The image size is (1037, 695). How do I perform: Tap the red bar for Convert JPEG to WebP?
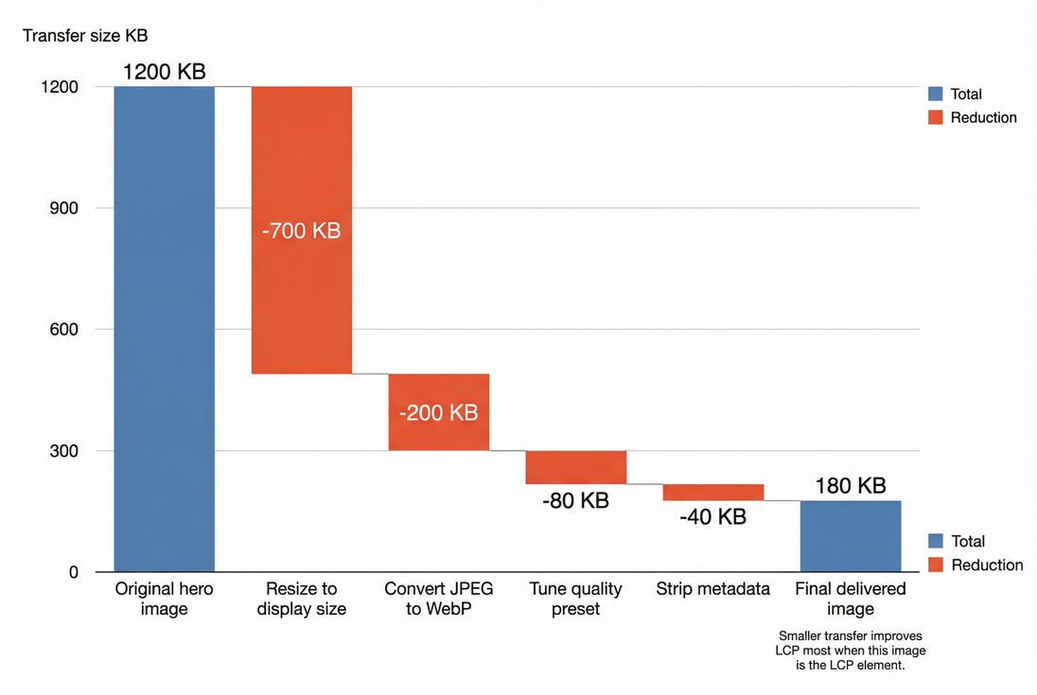point(438,412)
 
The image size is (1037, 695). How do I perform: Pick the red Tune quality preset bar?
point(575,467)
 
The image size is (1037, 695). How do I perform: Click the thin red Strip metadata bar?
point(712,493)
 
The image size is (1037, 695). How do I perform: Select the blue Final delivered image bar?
point(850,536)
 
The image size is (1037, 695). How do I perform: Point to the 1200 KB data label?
point(164,71)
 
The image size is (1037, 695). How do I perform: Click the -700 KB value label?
point(301,230)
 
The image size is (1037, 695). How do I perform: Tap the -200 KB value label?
point(438,413)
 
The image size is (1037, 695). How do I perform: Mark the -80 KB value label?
point(575,501)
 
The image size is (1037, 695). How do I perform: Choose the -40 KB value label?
point(712,517)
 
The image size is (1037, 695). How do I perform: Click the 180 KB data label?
point(850,486)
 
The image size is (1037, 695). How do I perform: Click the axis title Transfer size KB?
point(85,36)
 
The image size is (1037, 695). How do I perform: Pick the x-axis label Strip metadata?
point(712,589)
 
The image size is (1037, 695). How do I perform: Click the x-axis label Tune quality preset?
point(575,599)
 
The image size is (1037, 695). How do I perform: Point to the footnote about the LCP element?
point(850,651)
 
